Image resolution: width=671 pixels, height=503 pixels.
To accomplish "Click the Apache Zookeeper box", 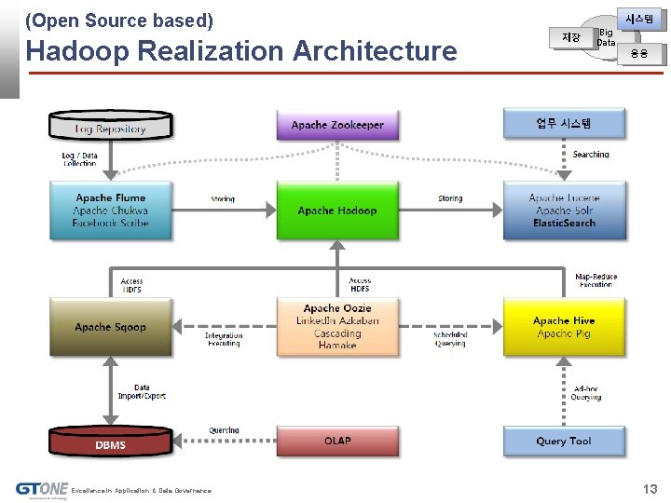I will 336,125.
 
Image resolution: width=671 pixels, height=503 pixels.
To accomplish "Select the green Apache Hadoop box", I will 336,211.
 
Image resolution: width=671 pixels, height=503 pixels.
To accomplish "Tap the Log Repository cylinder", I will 110,129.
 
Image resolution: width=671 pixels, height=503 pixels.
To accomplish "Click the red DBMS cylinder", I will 110,444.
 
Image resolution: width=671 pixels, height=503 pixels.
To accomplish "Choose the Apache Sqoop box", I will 110,327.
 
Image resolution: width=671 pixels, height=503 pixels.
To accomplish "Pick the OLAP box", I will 336,441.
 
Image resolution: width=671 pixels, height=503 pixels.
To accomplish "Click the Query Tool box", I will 564,441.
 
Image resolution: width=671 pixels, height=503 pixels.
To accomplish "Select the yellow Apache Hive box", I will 564,326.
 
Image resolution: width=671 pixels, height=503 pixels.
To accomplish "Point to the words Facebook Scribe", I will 110,224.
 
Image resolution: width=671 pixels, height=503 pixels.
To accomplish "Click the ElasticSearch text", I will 564,224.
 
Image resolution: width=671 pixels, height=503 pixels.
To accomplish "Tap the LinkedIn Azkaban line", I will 337,321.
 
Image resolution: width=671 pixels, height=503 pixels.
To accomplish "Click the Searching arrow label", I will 591,155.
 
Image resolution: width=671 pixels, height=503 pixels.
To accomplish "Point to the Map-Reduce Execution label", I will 596,280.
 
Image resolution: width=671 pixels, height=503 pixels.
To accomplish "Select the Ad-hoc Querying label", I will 586,393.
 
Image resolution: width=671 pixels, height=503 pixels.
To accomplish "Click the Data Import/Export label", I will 142,392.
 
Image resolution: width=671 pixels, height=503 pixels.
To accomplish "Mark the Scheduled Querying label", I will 450,339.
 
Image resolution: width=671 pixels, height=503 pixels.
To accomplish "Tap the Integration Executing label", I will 224,339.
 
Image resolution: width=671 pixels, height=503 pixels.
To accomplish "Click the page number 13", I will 650,489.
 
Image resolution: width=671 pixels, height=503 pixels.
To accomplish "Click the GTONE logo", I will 42,489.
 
